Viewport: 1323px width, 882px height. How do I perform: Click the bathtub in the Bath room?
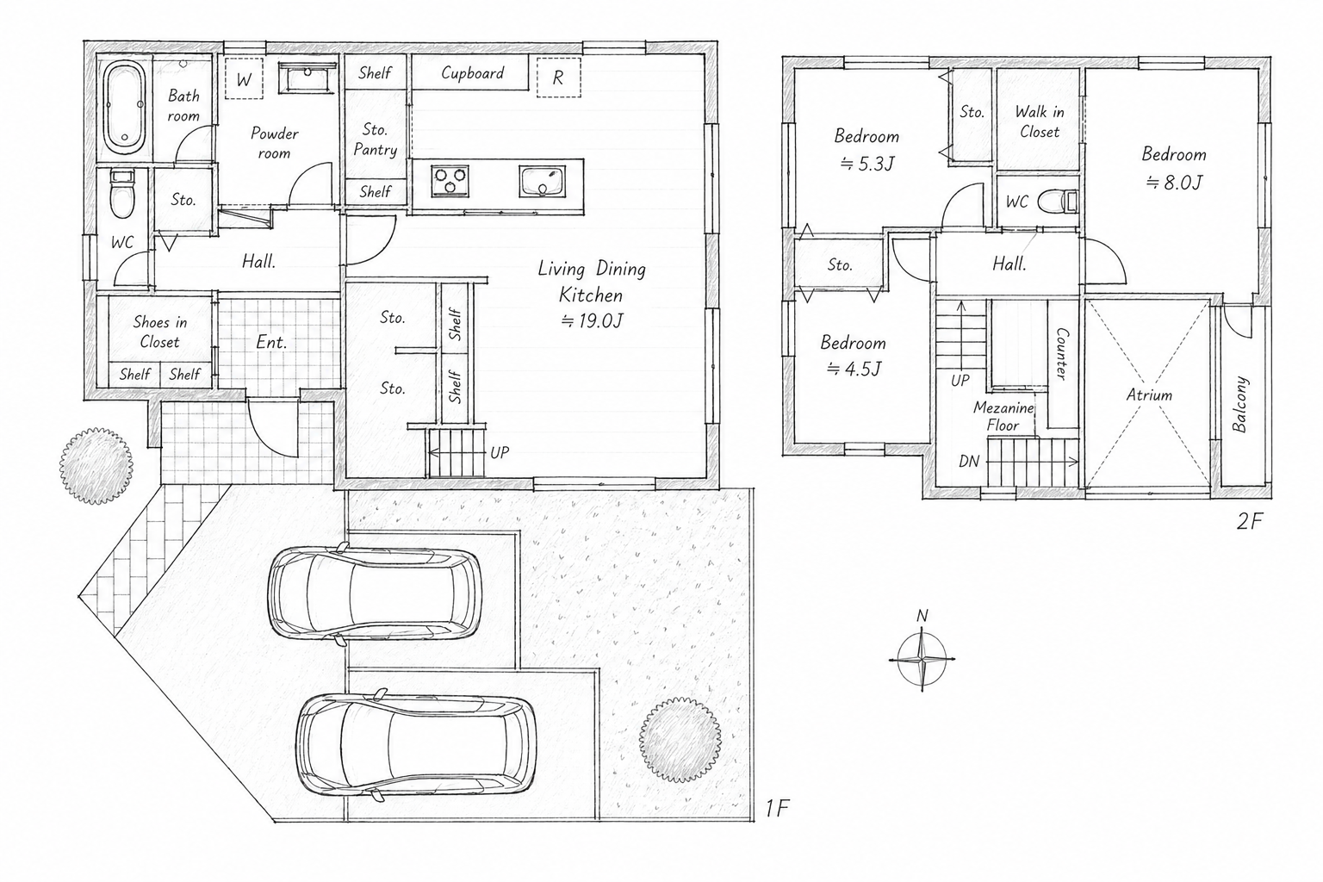(x=125, y=109)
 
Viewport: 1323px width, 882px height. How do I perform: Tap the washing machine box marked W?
(x=244, y=78)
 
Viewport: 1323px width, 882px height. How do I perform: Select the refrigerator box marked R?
(x=558, y=78)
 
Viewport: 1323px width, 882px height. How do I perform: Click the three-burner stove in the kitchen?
(x=450, y=181)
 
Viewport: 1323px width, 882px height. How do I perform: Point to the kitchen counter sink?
(x=542, y=181)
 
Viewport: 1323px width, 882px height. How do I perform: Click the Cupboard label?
(x=473, y=73)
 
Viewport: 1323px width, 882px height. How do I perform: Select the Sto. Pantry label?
(x=375, y=140)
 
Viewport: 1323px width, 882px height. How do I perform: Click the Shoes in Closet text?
(x=159, y=332)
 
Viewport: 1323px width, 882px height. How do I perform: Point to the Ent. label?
(x=271, y=342)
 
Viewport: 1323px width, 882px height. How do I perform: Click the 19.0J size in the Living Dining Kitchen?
(x=592, y=320)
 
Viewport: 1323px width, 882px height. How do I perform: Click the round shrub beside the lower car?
(x=680, y=739)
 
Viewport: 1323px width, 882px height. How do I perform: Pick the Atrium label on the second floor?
(x=1149, y=394)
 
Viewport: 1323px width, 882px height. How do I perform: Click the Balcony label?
(x=1239, y=405)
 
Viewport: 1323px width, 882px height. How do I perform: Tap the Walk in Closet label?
(x=1040, y=121)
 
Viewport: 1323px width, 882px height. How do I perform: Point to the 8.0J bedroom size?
(x=1174, y=183)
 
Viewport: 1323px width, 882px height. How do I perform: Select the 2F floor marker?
(x=1249, y=521)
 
